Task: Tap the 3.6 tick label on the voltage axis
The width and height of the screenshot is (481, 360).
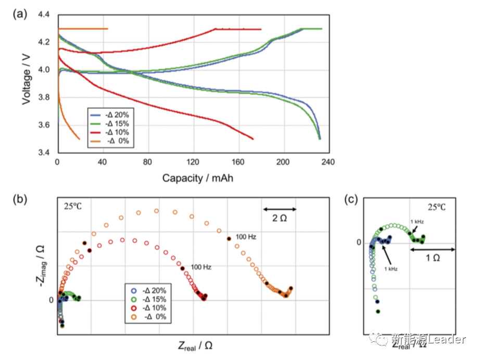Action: [x=45, y=125]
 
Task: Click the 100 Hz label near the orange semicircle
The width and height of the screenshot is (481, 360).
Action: [x=245, y=237]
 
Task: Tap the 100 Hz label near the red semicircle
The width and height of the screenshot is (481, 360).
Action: [x=200, y=267]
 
